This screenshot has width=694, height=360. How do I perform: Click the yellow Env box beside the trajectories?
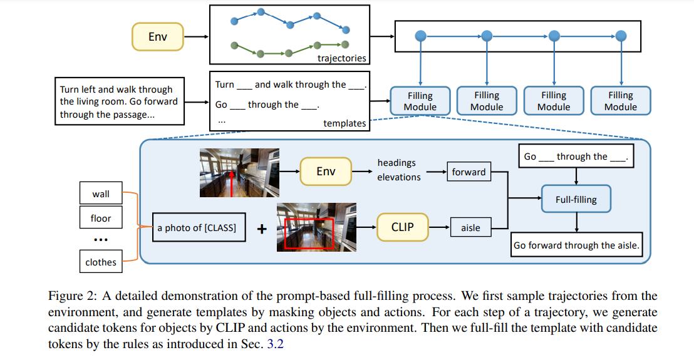coord(158,37)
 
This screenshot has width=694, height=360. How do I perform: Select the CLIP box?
coord(402,227)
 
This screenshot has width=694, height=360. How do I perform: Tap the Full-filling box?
coord(576,199)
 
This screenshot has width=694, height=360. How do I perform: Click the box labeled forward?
coord(469,172)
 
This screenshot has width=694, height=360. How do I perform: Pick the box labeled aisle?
coord(470,227)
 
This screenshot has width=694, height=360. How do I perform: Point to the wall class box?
coord(101,193)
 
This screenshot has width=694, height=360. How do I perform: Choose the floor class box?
coord(101,218)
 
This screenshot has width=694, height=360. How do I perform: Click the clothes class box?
coord(101,261)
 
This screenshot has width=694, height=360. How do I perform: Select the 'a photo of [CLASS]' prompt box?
coord(199,227)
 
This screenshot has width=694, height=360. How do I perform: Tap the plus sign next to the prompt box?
coord(262,229)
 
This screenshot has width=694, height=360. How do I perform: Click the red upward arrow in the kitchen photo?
coord(232,183)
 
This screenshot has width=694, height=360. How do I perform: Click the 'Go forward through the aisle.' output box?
coord(576,245)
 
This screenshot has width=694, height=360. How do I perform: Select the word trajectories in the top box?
coord(342,58)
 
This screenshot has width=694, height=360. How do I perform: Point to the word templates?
coord(344,123)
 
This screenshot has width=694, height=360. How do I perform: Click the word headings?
coord(396,163)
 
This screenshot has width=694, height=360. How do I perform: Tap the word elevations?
coord(399,177)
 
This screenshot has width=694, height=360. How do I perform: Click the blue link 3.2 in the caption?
coord(276,344)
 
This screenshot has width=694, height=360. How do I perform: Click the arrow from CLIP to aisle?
coord(439,227)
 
